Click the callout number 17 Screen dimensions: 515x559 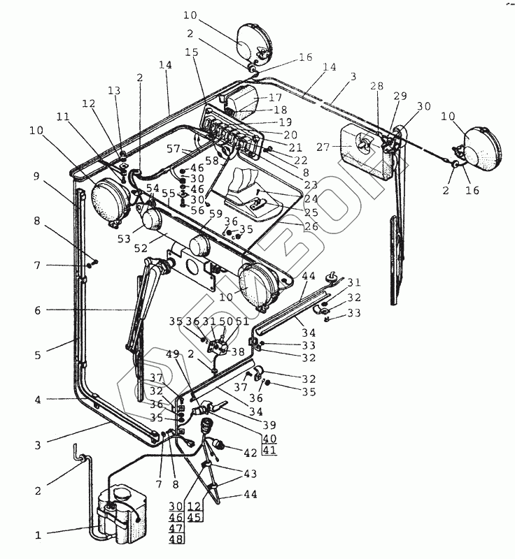274,99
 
